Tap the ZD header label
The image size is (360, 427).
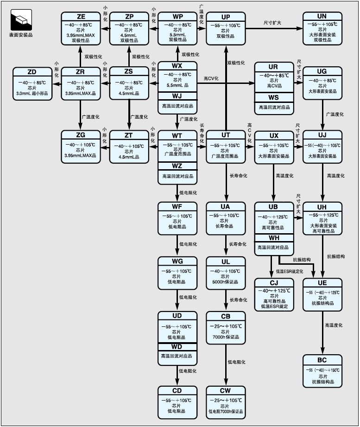click(32, 72)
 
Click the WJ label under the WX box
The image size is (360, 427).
click(177, 96)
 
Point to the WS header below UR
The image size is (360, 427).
click(273, 97)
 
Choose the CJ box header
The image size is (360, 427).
click(273, 283)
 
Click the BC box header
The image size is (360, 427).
click(322, 360)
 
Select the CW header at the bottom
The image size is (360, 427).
click(226, 390)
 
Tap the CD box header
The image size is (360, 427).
click(177, 390)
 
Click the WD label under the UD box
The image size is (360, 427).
click(177, 346)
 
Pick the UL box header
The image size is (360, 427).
click(226, 261)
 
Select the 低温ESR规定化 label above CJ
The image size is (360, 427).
click(290, 271)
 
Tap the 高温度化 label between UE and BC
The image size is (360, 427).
click(334, 325)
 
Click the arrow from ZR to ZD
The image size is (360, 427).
click(56, 83)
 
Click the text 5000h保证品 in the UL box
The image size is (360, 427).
click(226, 282)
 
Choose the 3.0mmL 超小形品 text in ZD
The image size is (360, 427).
click(32, 93)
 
